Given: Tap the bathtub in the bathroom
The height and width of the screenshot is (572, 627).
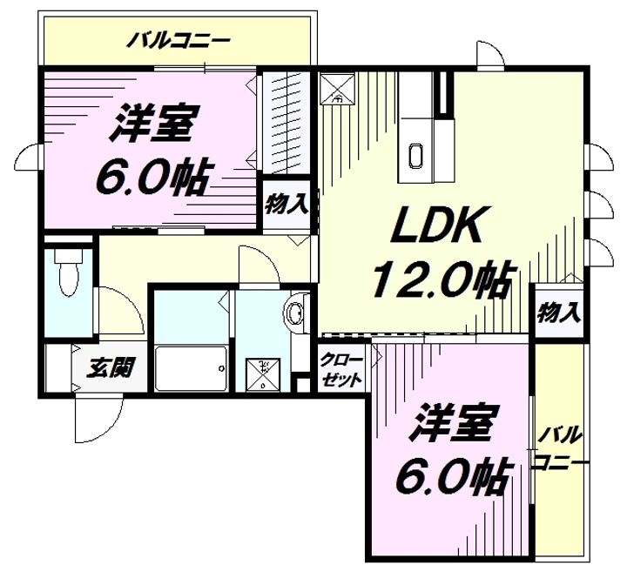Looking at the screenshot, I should [191, 369].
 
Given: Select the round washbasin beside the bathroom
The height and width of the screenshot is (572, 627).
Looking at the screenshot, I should [296, 313].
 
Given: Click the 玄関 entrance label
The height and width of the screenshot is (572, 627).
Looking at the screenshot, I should [110, 368].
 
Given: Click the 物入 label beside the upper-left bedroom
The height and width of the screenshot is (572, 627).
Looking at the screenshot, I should [286, 206].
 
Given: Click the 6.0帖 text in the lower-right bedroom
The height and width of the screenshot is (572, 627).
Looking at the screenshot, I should [453, 474].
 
